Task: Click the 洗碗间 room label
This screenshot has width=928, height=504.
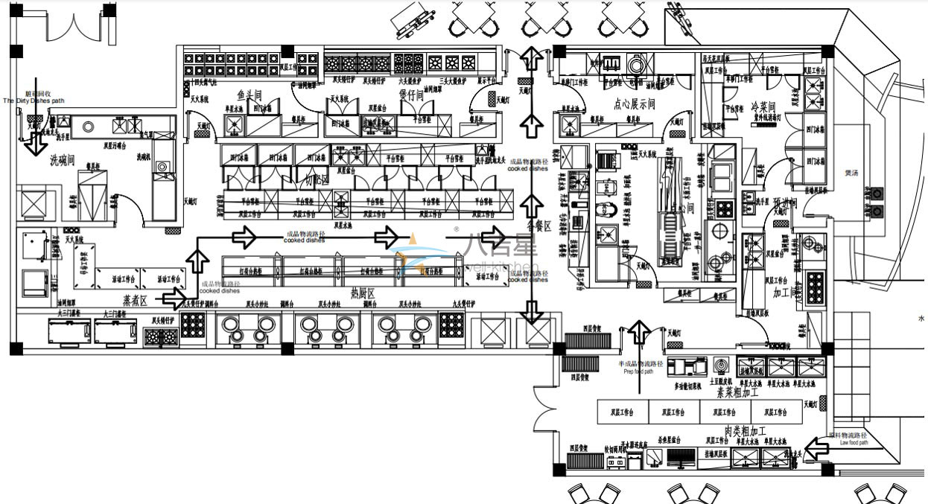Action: tap(64, 159)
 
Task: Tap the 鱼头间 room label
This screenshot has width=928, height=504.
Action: tap(250, 95)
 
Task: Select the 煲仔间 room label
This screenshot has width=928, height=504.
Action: tap(410, 95)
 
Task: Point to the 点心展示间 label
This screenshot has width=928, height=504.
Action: tap(634, 104)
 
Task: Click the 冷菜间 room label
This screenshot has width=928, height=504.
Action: tap(763, 106)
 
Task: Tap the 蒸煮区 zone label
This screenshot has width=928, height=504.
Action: tap(136, 299)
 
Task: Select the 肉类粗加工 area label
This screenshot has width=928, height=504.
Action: tap(745, 431)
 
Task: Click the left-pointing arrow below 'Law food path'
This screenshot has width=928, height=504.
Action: tap(819, 449)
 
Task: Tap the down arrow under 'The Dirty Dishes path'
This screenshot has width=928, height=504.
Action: tap(33, 143)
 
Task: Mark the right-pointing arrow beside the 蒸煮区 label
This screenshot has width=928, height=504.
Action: tap(174, 299)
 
